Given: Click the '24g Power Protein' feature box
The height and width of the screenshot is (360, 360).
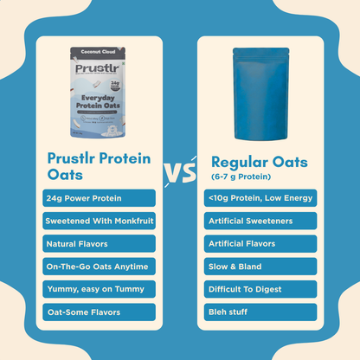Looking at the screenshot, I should coord(99,198).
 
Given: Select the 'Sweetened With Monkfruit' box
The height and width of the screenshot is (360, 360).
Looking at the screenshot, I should coord(99,221).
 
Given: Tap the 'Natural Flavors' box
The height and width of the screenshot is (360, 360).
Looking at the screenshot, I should coord(99,243).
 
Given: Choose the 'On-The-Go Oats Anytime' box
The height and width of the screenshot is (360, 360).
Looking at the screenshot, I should coord(99,266).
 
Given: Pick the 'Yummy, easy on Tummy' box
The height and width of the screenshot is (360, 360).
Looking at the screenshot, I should coord(99,288).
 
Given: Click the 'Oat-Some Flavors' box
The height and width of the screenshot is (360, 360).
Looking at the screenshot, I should coord(99,311).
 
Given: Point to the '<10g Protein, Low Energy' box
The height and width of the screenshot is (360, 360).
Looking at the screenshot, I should coord(260,198).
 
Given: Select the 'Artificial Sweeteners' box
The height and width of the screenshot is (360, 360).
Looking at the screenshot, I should coord(260,221).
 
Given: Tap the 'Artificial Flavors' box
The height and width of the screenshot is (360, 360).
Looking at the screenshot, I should coord(260,243).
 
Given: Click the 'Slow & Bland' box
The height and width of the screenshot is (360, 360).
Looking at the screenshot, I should coord(260,266).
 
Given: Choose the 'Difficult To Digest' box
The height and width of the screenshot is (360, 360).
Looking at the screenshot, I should coord(260,288).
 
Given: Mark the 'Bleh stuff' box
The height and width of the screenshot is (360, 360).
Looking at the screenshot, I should coord(260,311).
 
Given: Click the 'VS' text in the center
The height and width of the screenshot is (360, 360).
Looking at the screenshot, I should coord(179,172).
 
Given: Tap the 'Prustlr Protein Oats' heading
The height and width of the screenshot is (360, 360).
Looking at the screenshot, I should coord(96,166).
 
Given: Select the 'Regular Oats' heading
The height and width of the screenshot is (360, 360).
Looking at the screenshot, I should coord(259,162).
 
